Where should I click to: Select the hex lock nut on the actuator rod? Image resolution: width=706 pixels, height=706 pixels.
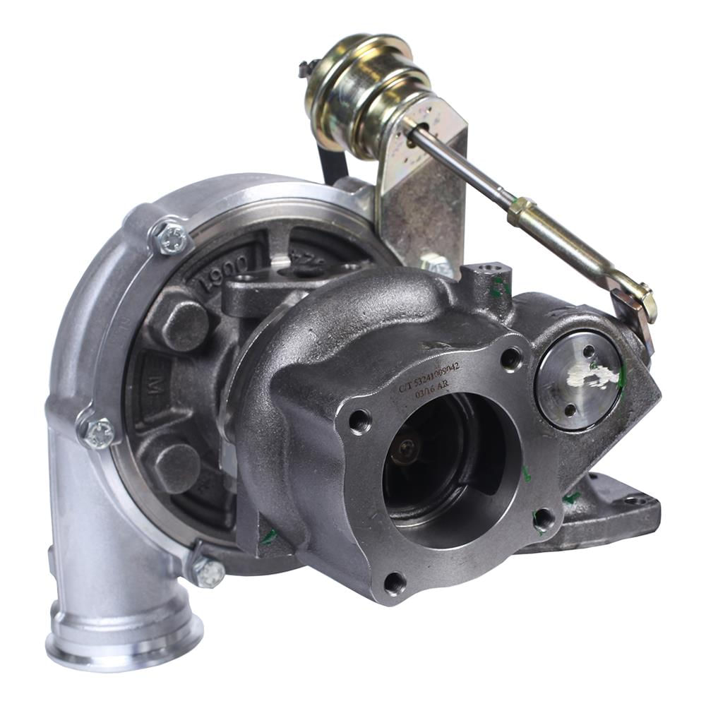[x=521, y=210]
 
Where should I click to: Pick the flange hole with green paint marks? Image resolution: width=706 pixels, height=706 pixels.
[x=543, y=519]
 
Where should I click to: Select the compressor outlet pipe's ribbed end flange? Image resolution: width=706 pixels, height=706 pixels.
[x=124, y=639]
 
